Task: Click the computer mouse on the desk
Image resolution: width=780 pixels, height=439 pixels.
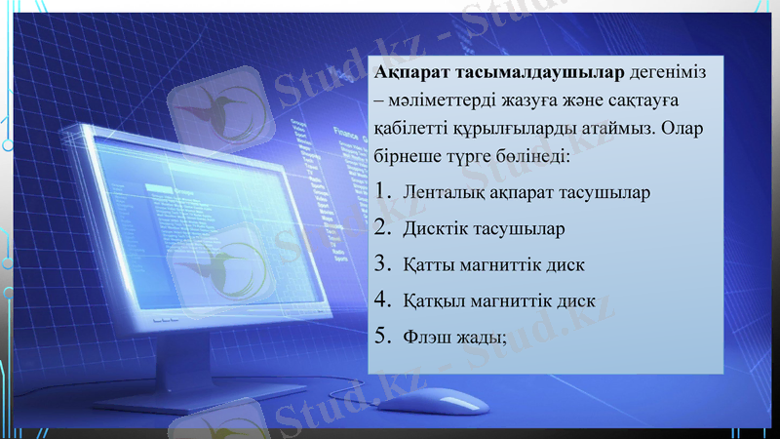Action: click(452, 403)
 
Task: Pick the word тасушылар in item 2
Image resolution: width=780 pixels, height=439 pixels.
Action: click(520, 228)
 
